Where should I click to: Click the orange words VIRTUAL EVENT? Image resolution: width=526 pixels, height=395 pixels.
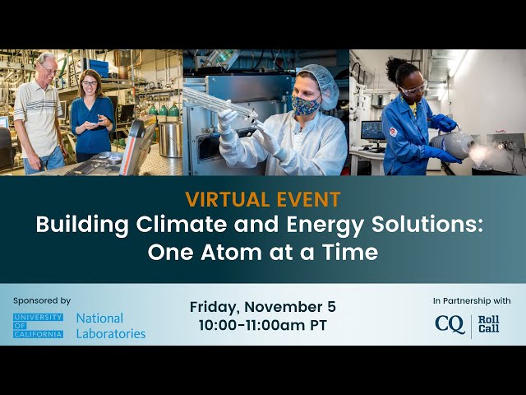pos(263,199)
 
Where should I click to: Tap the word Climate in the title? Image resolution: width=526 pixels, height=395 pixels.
pos(181,224)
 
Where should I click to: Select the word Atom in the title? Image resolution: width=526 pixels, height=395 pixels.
pos(231,252)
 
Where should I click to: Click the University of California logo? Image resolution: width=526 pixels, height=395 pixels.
pos(39,326)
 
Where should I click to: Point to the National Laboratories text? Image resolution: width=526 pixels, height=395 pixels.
pos(111,326)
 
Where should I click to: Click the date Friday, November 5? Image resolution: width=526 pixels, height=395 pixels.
pos(263,307)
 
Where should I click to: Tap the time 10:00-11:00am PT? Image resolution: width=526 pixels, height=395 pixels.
pos(263,325)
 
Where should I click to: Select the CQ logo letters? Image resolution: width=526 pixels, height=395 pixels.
pos(450,324)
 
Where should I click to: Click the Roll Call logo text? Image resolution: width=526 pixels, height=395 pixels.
pos(488,324)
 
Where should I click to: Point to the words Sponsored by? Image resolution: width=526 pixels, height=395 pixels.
pos(42,300)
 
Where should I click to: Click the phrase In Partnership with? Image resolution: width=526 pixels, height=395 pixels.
pos(472,300)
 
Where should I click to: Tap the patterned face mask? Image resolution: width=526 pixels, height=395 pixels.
pos(305,105)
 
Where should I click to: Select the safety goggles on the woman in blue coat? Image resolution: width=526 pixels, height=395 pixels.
pos(413,90)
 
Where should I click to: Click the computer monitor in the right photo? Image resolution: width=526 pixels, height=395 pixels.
pos(373,132)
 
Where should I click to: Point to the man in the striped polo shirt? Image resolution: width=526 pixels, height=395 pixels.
pos(39,114)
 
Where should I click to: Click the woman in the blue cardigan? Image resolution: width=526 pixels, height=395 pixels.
pos(92,116)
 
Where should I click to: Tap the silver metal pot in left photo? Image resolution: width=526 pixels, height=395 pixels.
pos(170,138)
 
